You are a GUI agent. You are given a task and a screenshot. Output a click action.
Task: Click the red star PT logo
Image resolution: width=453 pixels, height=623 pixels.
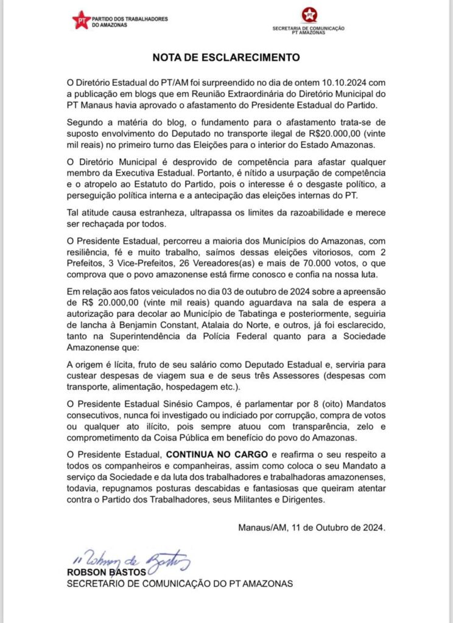(81, 19)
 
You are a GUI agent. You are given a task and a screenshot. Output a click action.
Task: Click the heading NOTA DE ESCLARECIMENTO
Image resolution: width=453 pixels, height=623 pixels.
(226, 58)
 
